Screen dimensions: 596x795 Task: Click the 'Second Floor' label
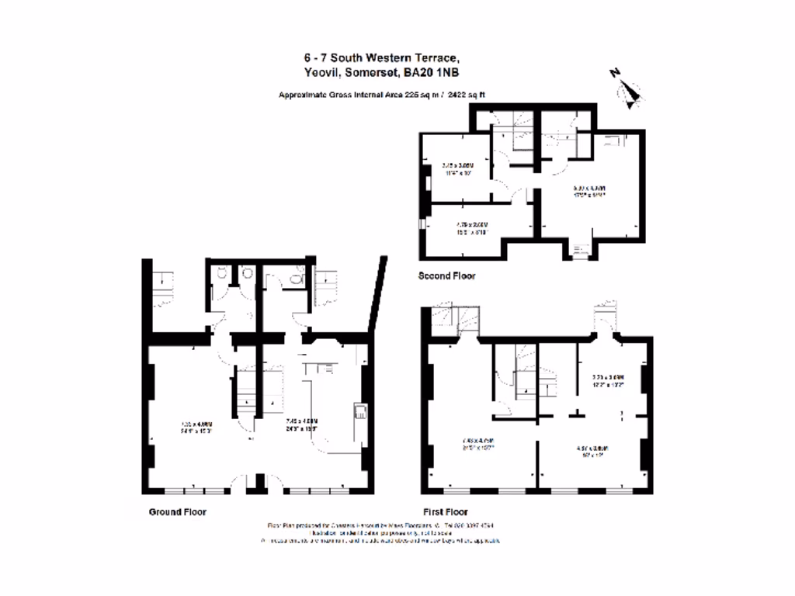pyautogui.click(x=446, y=275)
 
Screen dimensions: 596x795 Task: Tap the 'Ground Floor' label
pyautogui.click(x=178, y=512)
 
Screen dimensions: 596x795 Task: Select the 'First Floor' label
pyautogui.click(x=445, y=512)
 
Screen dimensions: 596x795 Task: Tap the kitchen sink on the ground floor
pyautogui.click(x=361, y=411)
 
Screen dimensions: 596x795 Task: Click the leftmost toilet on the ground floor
pyautogui.click(x=222, y=274)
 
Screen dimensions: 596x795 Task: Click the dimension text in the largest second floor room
pyautogui.click(x=589, y=192)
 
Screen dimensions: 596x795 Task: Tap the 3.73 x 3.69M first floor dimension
pyautogui.click(x=608, y=381)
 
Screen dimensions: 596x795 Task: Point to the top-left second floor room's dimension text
pyautogui.click(x=457, y=169)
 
